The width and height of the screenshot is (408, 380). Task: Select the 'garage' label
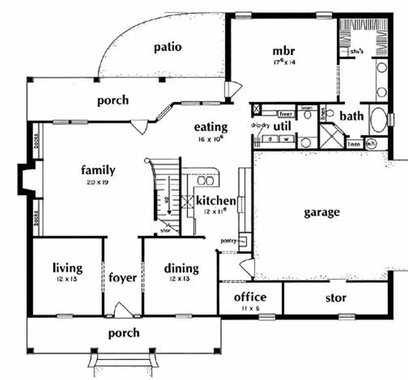(x=322, y=212)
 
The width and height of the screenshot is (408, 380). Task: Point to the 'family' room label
(x=98, y=171)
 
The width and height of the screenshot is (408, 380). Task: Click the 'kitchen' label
(x=216, y=201)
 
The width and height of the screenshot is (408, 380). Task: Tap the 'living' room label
(x=67, y=268)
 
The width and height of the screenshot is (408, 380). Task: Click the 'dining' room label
(x=181, y=268)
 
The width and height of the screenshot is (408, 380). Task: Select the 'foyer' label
(x=123, y=278)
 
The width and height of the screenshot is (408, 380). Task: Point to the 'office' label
(x=250, y=297)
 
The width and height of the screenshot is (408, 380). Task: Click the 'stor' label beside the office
(x=336, y=297)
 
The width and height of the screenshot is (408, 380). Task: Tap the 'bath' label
(x=352, y=116)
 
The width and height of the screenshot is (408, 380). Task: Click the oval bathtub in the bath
(x=378, y=121)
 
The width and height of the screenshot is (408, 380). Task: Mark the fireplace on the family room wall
(x=25, y=179)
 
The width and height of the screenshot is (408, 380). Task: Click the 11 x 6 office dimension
(x=250, y=308)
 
